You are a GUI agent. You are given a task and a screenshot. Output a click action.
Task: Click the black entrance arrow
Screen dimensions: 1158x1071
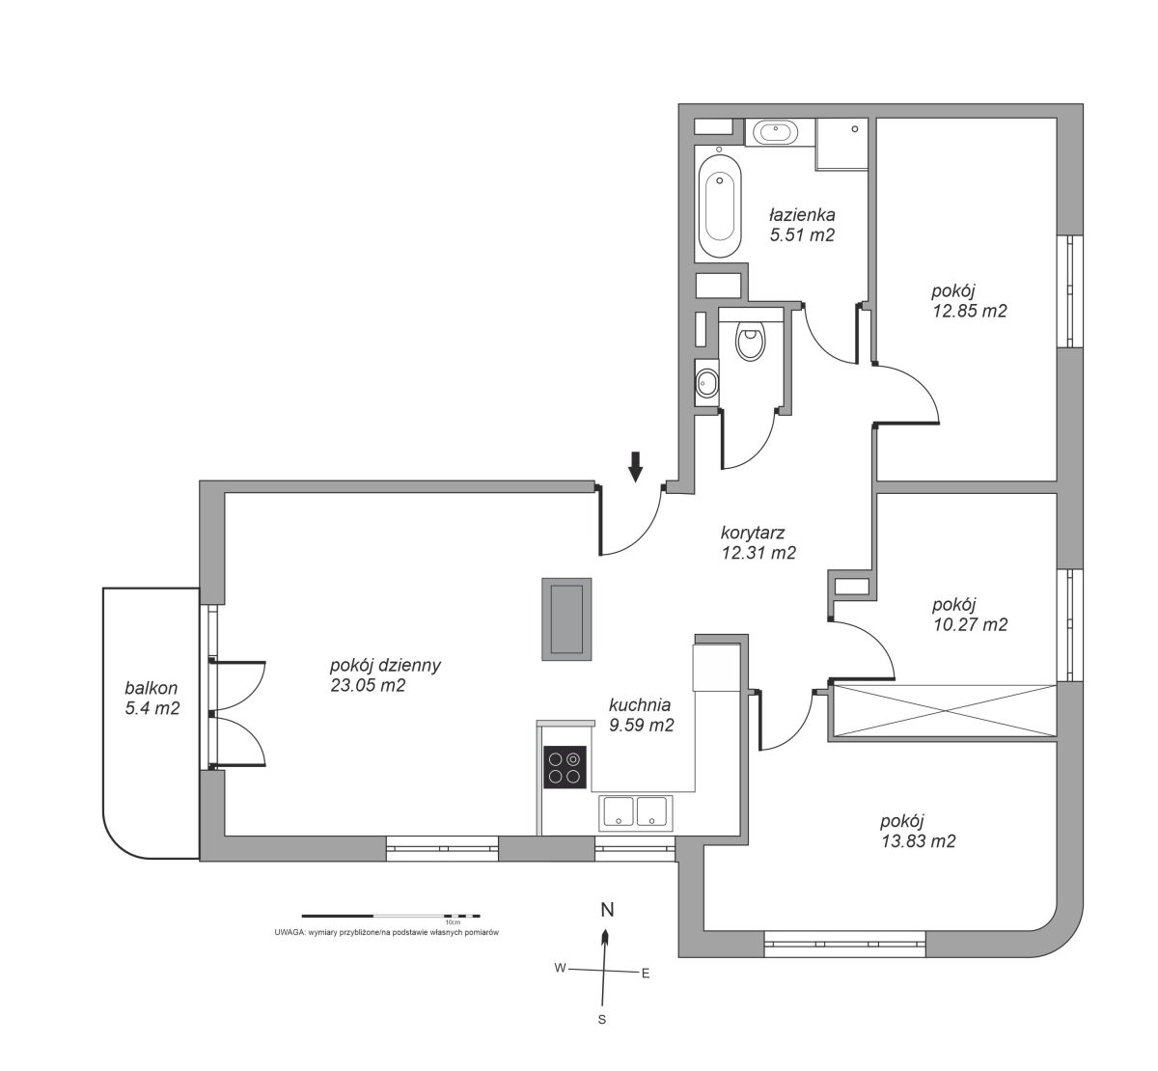pyautogui.click(x=636, y=466)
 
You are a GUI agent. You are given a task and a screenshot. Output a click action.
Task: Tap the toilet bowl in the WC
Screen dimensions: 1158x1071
pyautogui.click(x=750, y=341)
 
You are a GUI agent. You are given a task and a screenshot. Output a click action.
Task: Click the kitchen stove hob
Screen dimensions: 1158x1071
pyautogui.click(x=565, y=767)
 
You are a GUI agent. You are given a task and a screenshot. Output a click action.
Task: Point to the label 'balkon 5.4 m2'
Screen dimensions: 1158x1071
pyautogui.click(x=152, y=698)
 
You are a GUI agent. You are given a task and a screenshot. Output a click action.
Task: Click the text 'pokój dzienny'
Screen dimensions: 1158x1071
pyautogui.click(x=385, y=665)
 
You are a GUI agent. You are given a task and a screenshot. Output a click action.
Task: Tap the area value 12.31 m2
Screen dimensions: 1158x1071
pyautogui.click(x=758, y=553)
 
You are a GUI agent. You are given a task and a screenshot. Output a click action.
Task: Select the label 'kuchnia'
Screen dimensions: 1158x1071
pyautogui.click(x=640, y=705)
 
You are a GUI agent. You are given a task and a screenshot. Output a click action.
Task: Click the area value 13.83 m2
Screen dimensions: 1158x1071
pyautogui.click(x=919, y=841)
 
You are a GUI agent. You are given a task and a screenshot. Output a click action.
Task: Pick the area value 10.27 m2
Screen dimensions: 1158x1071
pyautogui.click(x=970, y=624)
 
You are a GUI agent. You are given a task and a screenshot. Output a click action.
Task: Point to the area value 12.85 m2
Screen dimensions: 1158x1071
pyautogui.click(x=970, y=311)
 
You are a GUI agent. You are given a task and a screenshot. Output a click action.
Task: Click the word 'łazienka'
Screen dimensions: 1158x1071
pyautogui.click(x=802, y=214)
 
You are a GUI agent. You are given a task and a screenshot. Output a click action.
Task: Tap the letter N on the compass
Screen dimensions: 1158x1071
pyautogui.click(x=608, y=910)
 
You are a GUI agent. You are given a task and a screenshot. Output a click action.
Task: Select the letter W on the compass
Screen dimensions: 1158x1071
pyautogui.click(x=560, y=968)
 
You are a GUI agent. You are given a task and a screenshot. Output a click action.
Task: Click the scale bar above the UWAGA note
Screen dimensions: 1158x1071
pyautogui.click(x=391, y=916)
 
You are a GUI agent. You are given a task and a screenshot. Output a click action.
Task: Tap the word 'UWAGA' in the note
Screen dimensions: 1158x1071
pyautogui.click(x=289, y=932)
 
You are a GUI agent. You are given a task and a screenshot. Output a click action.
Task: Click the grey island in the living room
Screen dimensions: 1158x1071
pyautogui.click(x=566, y=619)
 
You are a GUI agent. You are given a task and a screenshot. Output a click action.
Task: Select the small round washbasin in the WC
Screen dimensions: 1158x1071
pyautogui.click(x=707, y=382)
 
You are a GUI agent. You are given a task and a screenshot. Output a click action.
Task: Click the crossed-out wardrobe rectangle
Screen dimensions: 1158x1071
pyautogui.click(x=943, y=711)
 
